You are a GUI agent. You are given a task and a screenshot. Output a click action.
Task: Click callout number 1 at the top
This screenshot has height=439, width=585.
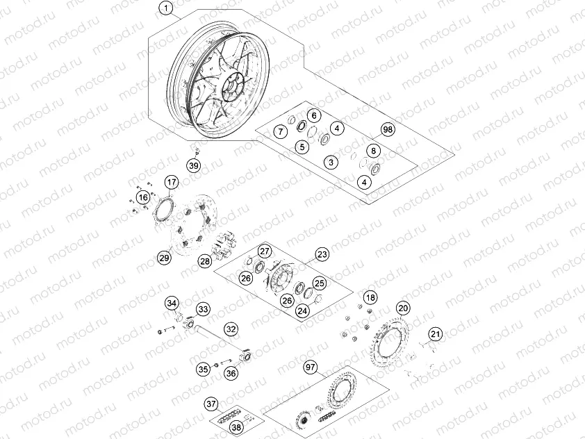(x=165, y=8)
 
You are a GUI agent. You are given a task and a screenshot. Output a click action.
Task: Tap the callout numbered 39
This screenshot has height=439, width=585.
(x=193, y=165)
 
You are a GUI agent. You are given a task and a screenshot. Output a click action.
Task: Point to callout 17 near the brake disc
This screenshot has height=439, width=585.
(x=171, y=183)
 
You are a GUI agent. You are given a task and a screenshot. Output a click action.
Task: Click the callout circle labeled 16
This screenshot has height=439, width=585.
(x=142, y=198)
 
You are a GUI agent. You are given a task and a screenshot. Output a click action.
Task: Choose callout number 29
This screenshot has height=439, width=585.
(x=163, y=258)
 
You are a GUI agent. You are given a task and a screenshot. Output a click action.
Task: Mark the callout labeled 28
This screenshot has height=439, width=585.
(x=205, y=261)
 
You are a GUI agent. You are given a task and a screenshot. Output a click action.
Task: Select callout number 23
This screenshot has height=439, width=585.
(x=322, y=254)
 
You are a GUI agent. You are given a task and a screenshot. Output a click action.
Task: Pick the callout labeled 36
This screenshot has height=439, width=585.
(x=231, y=373)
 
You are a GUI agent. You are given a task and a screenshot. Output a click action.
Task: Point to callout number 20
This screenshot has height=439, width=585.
(x=403, y=308)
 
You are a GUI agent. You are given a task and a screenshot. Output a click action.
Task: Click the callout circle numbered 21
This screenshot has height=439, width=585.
(x=434, y=334)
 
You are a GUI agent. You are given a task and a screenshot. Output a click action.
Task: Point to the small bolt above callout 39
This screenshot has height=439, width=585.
(x=195, y=151)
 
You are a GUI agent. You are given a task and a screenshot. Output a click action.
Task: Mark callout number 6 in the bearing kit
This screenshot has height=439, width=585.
(x=313, y=115)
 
